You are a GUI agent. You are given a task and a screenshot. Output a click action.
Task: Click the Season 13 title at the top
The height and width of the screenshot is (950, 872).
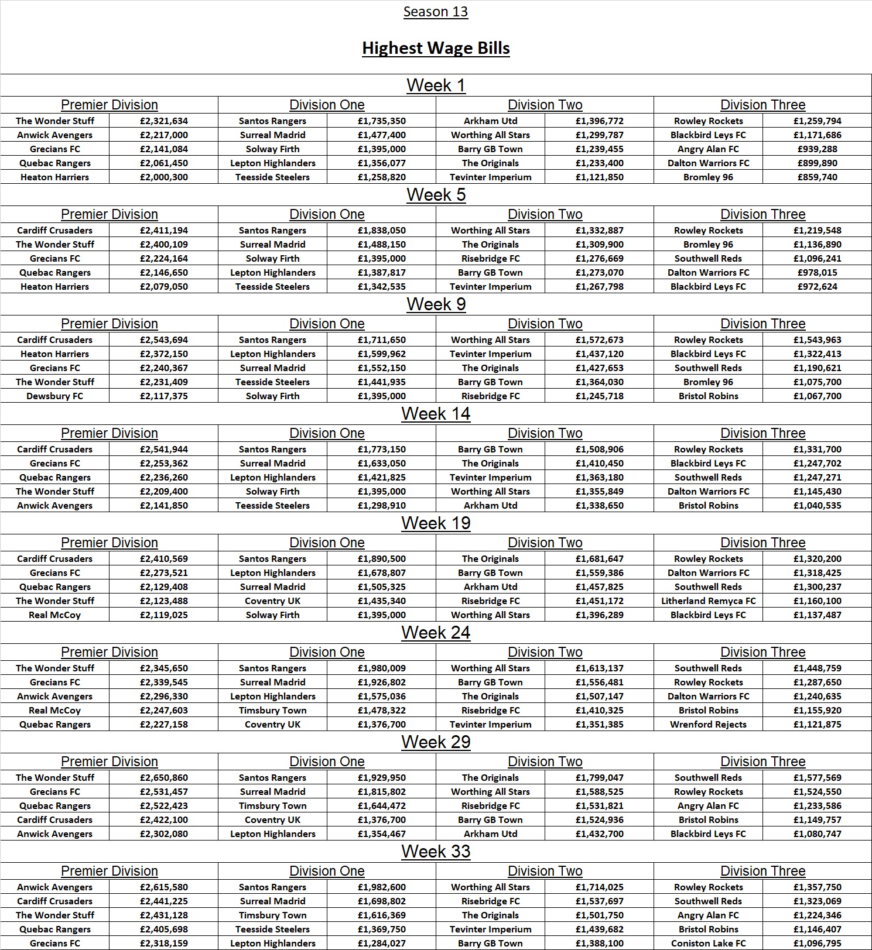click(x=435, y=12)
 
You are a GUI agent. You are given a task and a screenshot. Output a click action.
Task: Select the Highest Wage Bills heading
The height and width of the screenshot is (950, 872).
click(x=436, y=48)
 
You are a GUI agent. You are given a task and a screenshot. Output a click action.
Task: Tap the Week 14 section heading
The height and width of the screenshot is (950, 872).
click(x=436, y=414)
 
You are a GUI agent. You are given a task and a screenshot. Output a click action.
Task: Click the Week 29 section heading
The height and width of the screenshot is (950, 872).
click(x=436, y=742)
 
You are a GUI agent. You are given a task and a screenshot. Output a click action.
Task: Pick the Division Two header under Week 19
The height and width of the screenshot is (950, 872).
click(x=545, y=543)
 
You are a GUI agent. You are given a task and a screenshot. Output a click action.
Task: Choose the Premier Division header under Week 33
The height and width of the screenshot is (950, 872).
click(x=110, y=871)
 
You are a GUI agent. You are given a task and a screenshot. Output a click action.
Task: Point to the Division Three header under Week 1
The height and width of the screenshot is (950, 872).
click(x=762, y=105)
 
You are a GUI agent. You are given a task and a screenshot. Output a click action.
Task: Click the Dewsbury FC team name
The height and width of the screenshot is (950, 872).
click(x=55, y=396)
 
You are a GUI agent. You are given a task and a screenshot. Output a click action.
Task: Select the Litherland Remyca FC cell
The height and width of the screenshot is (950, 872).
click(x=708, y=601)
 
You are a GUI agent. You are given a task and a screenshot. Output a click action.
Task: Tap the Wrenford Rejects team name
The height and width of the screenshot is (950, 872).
click(x=708, y=724)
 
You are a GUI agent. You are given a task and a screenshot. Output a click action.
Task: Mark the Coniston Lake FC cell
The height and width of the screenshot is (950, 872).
click(x=708, y=943)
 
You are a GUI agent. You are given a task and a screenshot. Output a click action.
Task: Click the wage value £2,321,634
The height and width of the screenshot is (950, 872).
click(x=164, y=121)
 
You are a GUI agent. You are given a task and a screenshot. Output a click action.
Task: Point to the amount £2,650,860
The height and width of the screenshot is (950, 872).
click(x=164, y=777)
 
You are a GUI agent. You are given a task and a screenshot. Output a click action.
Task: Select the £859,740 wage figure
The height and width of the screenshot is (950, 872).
click(x=817, y=177)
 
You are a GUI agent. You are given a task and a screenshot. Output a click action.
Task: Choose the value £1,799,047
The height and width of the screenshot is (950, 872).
click(x=599, y=777)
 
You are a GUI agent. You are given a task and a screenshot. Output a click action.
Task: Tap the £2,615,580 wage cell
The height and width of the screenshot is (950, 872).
click(x=164, y=887)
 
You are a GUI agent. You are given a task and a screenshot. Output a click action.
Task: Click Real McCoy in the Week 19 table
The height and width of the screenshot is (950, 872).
click(x=55, y=615)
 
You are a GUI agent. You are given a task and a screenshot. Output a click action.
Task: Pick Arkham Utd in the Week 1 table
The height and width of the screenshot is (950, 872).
click(x=490, y=121)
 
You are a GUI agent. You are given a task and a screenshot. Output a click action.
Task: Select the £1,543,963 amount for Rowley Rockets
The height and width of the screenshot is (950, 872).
click(x=817, y=339)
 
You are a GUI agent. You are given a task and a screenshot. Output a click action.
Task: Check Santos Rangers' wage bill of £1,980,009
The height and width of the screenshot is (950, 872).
click(x=381, y=668)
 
